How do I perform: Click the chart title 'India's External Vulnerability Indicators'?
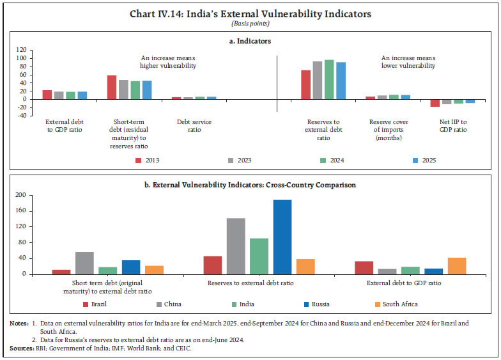coord(250,13)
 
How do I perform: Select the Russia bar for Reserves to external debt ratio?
coord(282,237)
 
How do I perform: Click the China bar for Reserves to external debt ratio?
coord(236,246)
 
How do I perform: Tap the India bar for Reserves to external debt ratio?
coord(259,256)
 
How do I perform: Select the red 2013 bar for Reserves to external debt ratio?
coord(306,84)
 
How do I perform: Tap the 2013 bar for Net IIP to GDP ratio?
coord(435,103)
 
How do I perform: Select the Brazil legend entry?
coord(97,304)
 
